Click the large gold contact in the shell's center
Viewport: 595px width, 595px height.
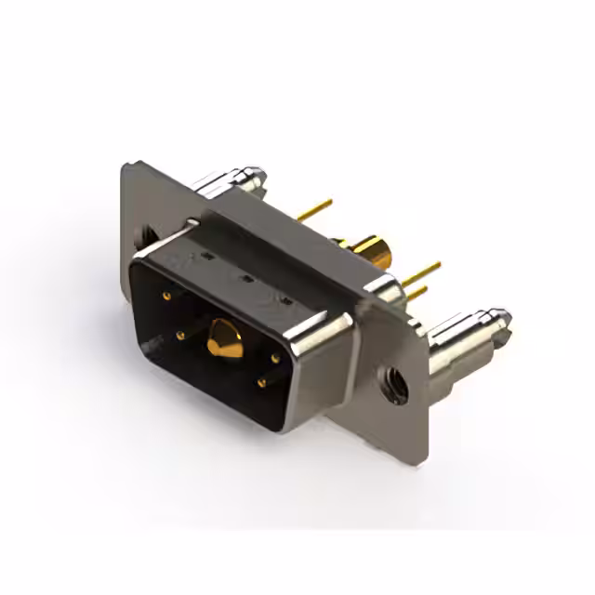(x=224, y=338)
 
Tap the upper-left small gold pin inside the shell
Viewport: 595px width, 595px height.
(x=167, y=297)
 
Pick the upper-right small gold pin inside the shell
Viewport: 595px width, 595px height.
(x=276, y=357)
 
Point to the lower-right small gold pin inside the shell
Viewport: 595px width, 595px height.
(x=262, y=381)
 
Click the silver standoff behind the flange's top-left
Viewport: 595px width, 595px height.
(x=237, y=180)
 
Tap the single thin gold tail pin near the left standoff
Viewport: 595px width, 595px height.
(x=316, y=209)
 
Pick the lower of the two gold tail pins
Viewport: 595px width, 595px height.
(x=416, y=294)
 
